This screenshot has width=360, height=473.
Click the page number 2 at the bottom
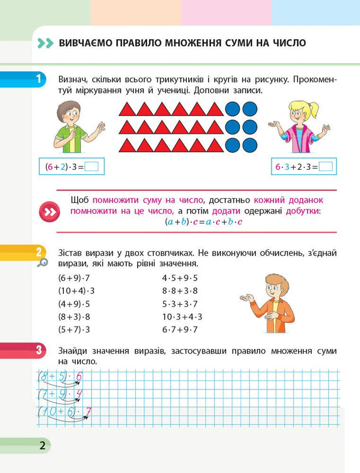pyautogui.click(x=42, y=446)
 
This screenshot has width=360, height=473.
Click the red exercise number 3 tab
pyautogui.click(x=39, y=349)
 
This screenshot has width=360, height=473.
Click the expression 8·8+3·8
pyautogui.click(x=180, y=290)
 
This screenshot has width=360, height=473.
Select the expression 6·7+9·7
pyautogui.click(x=180, y=330)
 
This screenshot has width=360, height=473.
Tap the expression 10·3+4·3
pyautogui.click(x=182, y=316)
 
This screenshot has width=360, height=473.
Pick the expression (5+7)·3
pyautogui.click(x=74, y=330)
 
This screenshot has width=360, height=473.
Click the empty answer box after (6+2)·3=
pyautogui.click(x=92, y=167)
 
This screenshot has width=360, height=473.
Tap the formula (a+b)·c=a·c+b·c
pyautogui.click(x=203, y=222)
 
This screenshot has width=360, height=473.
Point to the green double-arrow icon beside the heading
pyautogui.click(x=45, y=43)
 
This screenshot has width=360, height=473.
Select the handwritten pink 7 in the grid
pyautogui.click(x=88, y=412)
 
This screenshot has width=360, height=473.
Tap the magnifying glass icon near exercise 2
pyautogui.click(x=42, y=262)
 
